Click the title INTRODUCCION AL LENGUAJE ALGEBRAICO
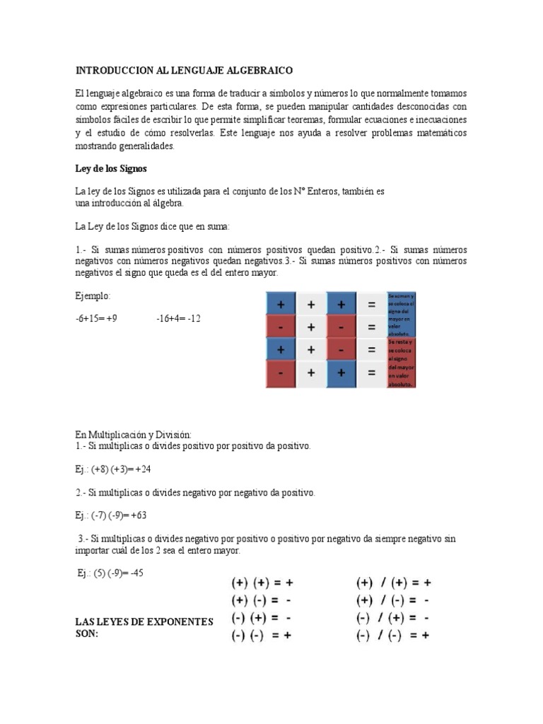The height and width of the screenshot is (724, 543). point(183,71)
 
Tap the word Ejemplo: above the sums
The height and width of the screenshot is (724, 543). point(93,296)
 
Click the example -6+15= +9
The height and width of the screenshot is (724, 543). point(96,318)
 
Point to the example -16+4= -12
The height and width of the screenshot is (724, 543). point(179,318)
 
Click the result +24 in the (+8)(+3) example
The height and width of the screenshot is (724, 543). point(144,469)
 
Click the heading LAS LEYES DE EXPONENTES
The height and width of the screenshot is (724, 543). point(144,621)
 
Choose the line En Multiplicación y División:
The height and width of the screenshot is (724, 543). point(134,434)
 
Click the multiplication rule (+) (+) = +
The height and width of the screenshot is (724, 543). point(262,583)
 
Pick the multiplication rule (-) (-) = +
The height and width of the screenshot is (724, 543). point(262,635)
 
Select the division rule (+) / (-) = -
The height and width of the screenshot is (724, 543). point(393,600)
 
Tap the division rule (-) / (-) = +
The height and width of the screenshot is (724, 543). point(393,635)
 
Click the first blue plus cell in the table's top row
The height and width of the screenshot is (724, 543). point(281,305)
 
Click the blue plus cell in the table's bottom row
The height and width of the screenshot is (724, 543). point(341,372)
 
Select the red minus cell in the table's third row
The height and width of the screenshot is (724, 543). point(341,349)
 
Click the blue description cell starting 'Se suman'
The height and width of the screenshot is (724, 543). point(401,315)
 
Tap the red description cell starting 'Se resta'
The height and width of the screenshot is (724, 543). point(401,363)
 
